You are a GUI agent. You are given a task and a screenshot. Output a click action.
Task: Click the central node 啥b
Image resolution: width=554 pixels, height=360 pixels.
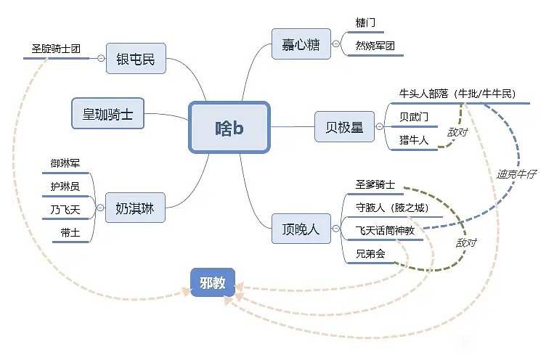(229, 127)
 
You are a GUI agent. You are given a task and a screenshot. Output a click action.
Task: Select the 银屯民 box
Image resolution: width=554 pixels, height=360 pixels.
(136, 59)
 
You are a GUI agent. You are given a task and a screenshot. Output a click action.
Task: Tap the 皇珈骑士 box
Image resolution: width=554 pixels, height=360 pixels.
(107, 114)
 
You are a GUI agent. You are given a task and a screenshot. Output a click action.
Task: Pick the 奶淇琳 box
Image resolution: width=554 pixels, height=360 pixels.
(135, 208)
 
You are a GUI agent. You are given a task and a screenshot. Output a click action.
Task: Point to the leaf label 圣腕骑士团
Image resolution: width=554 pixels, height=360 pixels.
(56, 49)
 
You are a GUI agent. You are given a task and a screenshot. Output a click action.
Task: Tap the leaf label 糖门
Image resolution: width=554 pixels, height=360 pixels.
(366, 23)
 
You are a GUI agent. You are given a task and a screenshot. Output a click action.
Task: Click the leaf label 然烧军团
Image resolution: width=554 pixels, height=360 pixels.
(375, 46)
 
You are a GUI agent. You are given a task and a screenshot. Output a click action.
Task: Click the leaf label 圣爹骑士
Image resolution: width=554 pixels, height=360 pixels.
(375, 185)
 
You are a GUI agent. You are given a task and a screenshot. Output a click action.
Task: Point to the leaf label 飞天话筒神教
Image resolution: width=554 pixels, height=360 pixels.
(385, 230)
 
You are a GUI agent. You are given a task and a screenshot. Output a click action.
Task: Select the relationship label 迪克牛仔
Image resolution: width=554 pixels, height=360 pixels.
(516, 175)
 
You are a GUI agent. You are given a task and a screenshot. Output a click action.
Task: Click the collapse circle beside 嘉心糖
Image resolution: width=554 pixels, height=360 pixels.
(336, 44)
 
